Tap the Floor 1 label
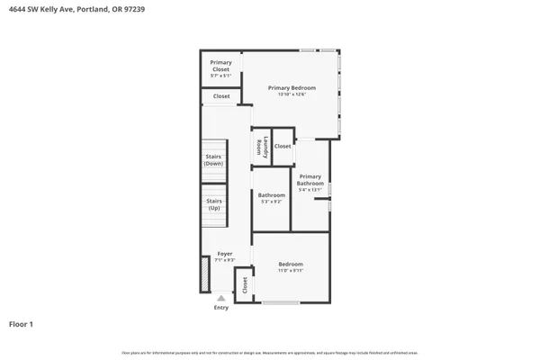[22, 323]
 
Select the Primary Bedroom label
[292, 87]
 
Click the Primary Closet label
[220, 66]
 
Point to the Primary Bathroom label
[310, 179]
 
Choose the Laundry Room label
[261, 147]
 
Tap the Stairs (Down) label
[213, 160]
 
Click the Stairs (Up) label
[213, 204]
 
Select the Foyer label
[224, 254]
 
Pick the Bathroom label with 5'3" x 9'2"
[271, 195]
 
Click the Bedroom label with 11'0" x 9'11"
[290, 264]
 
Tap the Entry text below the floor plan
[221, 308]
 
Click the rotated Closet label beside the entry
[244, 284]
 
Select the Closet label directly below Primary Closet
[221, 96]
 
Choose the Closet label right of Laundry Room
[283, 146]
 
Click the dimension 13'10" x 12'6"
[292, 94]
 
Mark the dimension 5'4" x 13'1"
[310, 190]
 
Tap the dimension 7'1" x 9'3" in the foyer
[224, 260]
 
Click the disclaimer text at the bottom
[270, 352]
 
